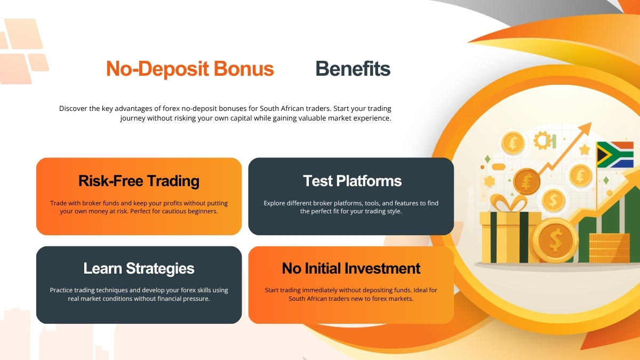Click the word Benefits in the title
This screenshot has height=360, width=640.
tap(353, 69)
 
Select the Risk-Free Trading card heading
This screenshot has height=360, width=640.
tap(139, 181)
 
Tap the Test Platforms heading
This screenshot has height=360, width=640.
tap(351, 181)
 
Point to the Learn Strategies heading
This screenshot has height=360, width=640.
tap(139, 268)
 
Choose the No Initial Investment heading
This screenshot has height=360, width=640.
tap(351, 268)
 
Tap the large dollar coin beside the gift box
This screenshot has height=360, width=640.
tap(555, 241)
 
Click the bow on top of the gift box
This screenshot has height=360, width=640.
tap(503, 203)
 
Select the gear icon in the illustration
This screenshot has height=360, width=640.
tap(542, 141)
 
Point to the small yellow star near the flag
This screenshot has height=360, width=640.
tap(585, 149)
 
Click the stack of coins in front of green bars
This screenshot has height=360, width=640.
tap(609, 248)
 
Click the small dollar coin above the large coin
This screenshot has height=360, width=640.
tap(553, 201)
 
